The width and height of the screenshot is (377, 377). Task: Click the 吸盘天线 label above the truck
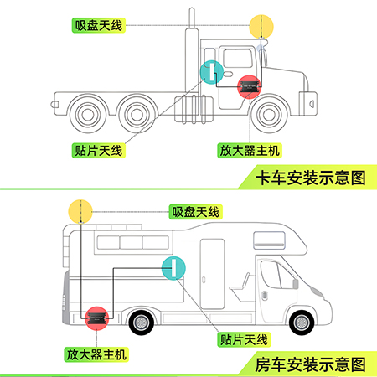(99, 25)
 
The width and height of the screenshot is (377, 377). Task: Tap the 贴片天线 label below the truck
(99, 151)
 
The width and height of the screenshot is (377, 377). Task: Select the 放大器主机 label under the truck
(250, 151)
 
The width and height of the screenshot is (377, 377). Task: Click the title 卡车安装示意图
(310, 178)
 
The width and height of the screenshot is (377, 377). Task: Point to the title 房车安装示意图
(310, 364)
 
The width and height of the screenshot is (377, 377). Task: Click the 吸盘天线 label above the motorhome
(196, 212)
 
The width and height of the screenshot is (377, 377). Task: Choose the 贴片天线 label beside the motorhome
(244, 339)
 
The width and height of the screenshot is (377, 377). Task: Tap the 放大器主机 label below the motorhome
(96, 354)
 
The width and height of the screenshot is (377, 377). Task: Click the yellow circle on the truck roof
(261, 27)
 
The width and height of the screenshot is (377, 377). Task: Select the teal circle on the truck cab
(212, 72)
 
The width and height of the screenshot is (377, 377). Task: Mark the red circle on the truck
(250, 86)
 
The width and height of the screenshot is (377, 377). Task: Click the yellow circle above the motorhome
(80, 211)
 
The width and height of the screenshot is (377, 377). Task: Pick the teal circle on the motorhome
(173, 268)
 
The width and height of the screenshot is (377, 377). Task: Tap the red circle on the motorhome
(96, 318)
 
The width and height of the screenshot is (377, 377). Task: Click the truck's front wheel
(269, 114)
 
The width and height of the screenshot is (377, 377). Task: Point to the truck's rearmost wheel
(88, 114)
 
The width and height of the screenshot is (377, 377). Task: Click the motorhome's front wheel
(302, 323)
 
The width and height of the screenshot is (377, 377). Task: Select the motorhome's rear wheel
(142, 323)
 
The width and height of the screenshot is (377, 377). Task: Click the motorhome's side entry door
(212, 274)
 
